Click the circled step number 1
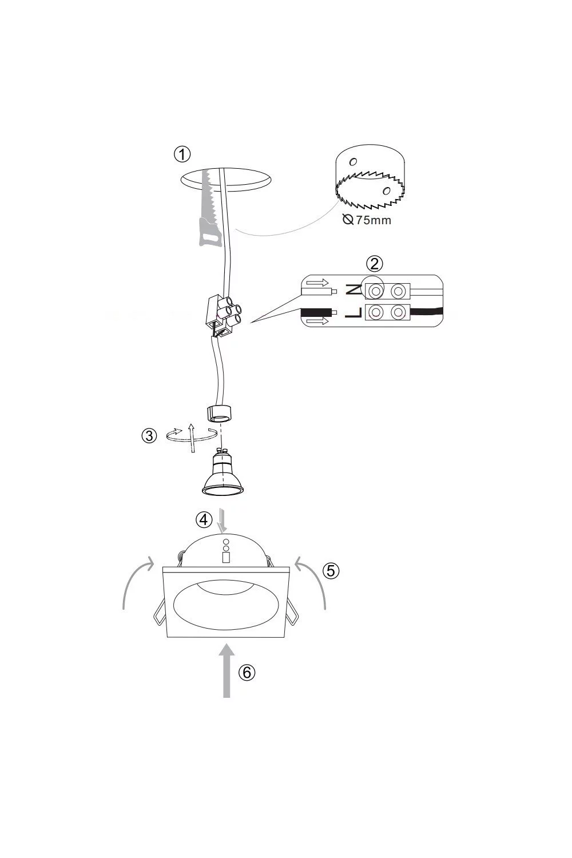click(x=182, y=154)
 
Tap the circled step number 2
click(x=374, y=264)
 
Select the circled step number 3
click(x=149, y=436)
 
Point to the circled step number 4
click(x=204, y=520)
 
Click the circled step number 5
click(x=331, y=571)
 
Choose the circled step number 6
click(x=247, y=672)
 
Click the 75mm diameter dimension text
click(x=367, y=220)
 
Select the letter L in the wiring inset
click(x=353, y=312)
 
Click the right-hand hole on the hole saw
click(x=387, y=190)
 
